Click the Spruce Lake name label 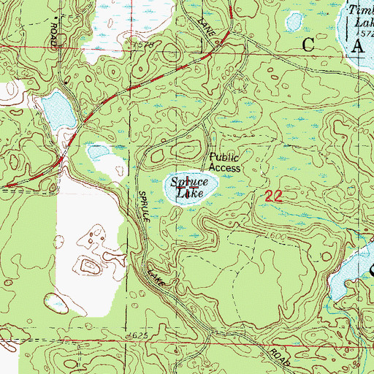(x=189, y=188)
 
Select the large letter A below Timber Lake (x=358, y=48)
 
